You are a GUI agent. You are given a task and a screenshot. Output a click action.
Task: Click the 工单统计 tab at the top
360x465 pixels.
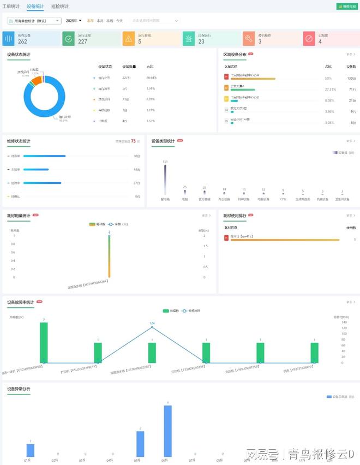pos(11,7)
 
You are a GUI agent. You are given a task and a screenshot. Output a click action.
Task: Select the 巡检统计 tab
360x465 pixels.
pos(60,7)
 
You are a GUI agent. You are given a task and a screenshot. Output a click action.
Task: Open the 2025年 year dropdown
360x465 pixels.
pos(74,21)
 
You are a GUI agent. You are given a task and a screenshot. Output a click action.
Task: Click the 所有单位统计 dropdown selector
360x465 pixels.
pos(34,21)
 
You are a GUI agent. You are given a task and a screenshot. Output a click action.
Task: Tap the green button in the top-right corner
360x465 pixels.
pos(347,7)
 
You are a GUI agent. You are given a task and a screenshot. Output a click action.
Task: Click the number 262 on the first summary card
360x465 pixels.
pos(22,41)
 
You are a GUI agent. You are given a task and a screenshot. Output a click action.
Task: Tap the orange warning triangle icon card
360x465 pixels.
pos(128,39)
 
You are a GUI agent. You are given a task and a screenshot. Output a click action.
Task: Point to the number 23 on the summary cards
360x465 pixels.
pos(201,41)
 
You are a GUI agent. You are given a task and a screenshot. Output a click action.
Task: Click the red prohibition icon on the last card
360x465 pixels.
pos(309,39)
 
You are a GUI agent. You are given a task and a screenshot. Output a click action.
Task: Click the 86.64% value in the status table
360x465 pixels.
pos(151,77)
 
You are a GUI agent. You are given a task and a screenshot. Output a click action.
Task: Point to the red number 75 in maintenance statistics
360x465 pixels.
pos(133,141)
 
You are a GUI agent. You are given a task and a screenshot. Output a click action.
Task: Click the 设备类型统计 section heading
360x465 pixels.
pos(163,141)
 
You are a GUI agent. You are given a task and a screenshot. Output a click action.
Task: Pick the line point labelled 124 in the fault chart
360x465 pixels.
pos(152,327)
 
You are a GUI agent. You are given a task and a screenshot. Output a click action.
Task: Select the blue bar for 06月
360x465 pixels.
pos(168,431)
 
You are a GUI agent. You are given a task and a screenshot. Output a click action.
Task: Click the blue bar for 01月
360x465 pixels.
pos(31,450)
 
